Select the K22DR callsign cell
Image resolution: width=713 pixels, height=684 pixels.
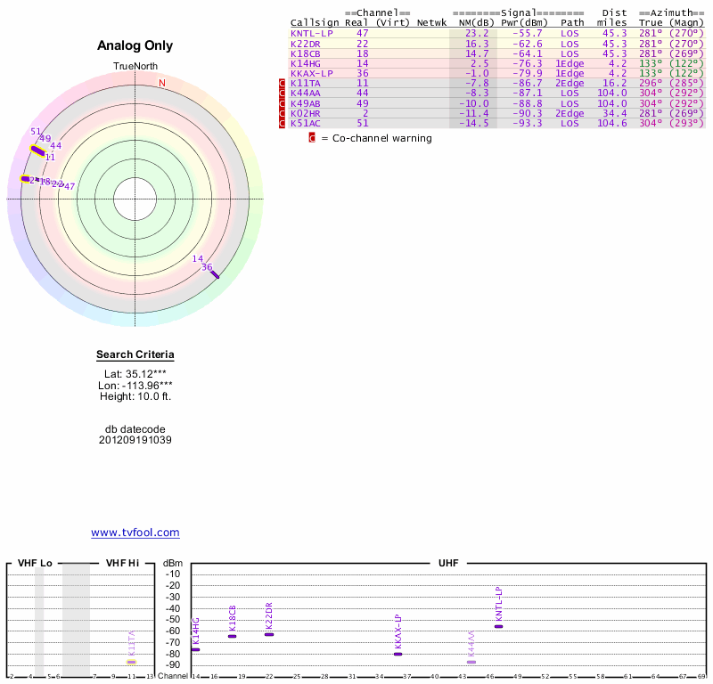pos(305,43)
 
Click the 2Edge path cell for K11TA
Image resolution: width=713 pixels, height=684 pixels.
pos(570,83)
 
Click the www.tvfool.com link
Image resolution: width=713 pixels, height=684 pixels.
pos(135,533)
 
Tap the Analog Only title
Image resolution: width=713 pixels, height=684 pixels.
pos(135,45)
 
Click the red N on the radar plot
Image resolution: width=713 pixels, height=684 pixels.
pos(162,83)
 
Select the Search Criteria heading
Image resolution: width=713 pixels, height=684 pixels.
pos(135,354)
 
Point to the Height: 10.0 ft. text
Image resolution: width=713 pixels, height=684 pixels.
pos(135,396)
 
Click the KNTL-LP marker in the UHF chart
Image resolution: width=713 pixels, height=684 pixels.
pos(499,626)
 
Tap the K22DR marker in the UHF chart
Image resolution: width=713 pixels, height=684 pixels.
pos(269,634)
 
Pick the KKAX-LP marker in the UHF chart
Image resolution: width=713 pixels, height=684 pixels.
pos(397,654)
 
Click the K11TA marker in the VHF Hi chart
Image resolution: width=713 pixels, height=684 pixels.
pos(131,662)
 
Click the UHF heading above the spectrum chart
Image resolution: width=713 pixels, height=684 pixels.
pos(447,564)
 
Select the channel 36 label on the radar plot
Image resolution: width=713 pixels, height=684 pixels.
pos(207,267)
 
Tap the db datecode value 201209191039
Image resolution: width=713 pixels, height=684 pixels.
pos(135,440)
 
